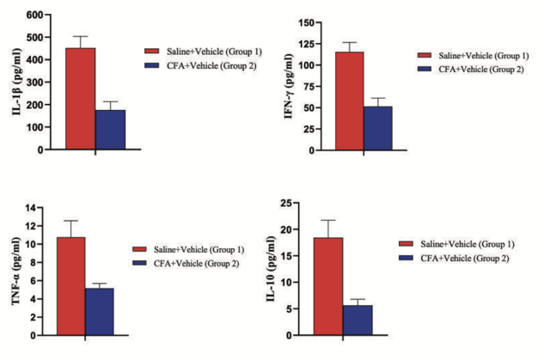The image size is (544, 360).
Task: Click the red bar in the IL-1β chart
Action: tap(79, 98)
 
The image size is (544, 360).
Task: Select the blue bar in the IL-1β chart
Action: tap(110, 129)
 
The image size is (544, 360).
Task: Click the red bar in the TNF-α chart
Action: tap(70, 285)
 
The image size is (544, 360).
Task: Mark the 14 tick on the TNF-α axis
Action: tap(38, 208)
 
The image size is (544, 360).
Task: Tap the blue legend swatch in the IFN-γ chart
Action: tap(426, 69)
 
